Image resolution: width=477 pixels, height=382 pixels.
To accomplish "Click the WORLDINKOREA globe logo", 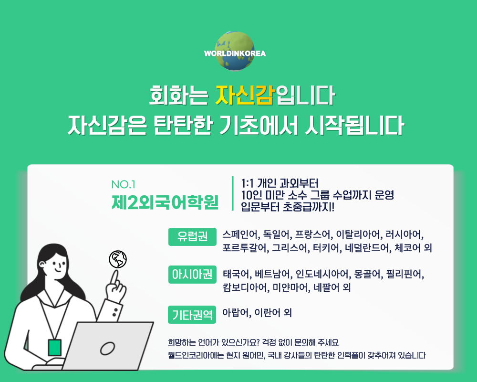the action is click(235, 52).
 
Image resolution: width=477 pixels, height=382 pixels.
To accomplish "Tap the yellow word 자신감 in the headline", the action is click(246, 95).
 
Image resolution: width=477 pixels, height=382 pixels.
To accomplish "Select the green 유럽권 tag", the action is click(192, 237).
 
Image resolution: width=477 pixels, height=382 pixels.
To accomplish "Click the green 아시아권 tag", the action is click(192, 275).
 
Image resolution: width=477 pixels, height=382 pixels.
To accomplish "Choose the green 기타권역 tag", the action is click(192, 314).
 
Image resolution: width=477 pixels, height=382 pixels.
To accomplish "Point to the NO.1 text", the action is click(123, 184).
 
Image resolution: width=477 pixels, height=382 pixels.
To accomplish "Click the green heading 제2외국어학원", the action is click(165, 202).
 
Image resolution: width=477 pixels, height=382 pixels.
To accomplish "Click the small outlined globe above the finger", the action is click(118, 259).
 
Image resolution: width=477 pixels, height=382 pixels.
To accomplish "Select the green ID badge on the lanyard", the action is click(55, 348).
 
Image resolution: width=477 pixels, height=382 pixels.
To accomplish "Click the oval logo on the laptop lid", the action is click(107, 349).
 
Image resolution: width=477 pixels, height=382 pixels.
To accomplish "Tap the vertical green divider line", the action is click(233, 193).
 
